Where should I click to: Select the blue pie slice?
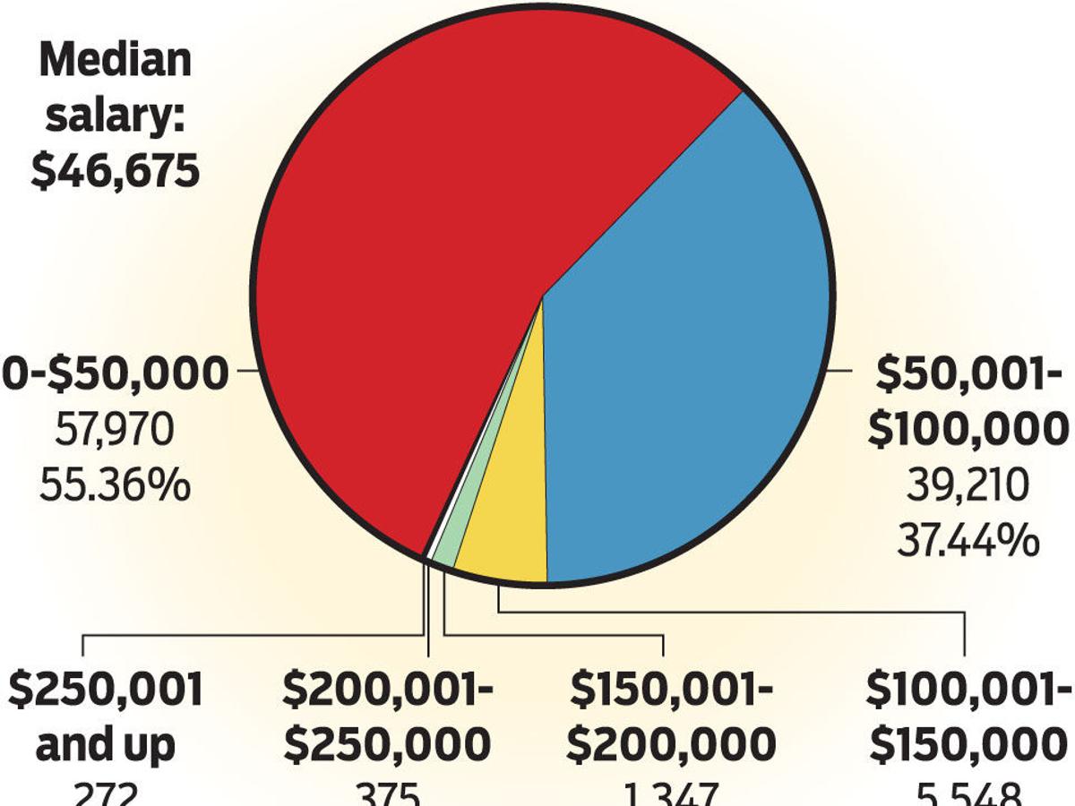click(690, 358)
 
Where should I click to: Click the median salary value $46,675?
click(115, 169)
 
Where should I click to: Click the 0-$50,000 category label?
click(115, 373)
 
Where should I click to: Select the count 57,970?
click(115, 432)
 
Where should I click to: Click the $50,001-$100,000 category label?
click(967, 402)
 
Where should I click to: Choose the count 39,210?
click(967, 487)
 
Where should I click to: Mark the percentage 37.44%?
click(967, 542)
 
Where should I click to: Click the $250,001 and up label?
click(106, 716)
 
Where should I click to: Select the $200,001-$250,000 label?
click(387, 716)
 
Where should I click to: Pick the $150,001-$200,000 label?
click(672, 716)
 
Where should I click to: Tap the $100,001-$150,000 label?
click(967, 716)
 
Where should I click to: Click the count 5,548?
click(967, 795)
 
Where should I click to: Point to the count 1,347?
click(672, 795)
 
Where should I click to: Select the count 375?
click(387, 795)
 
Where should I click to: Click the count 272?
click(106, 795)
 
